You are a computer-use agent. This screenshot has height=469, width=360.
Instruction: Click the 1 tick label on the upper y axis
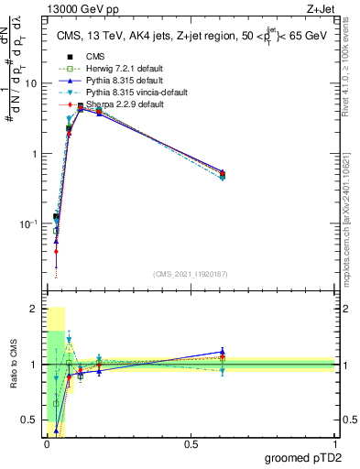[x=33, y=154]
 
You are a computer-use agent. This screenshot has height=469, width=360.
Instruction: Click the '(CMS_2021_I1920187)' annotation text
[x=190, y=273]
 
